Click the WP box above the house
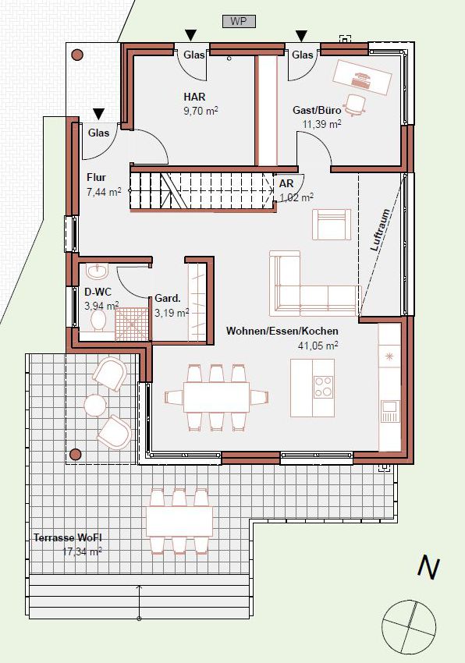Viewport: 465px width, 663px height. (x=239, y=22)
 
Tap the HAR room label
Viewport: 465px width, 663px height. (x=194, y=97)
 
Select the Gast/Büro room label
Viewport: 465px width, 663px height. (x=317, y=110)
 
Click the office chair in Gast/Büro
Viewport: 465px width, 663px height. (x=354, y=105)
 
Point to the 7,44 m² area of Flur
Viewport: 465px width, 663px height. (x=104, y=192)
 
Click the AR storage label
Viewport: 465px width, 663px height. (x=286, y=183)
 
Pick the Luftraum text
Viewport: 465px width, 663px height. (x=380, y=230)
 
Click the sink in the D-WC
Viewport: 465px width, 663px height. (x=98, y=271)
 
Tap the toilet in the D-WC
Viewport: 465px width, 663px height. (x=98, y=322)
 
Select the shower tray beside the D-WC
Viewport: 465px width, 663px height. (x=133, y=324)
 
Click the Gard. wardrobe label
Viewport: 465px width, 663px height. (x=168, y=298)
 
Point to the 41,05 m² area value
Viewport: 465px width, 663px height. (x=318, y=346)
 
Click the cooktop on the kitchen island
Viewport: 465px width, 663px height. (x=324, y=386)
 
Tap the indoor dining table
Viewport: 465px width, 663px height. (x=216, y=398)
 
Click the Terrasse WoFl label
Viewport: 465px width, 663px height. (x=68, y=538)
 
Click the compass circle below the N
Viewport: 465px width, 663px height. (x=409, y=626)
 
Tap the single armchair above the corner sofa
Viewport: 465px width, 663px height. (x=332, y=225)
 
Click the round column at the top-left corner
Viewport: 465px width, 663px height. (x=77, y=55)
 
